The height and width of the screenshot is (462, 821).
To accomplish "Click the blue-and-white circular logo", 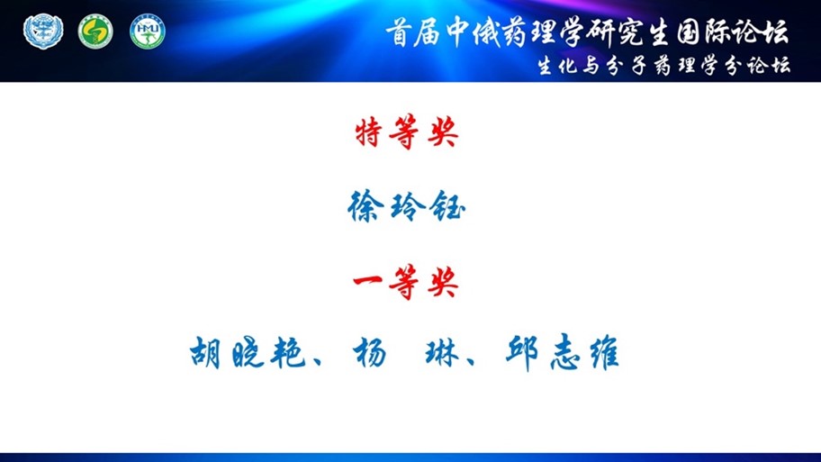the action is [x=43, y=32].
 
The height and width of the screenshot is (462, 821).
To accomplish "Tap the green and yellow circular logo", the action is [x=95, y=32].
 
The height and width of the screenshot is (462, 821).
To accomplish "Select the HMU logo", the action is [x=147, y=32].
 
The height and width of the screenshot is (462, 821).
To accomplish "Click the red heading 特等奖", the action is [x=407, y=133].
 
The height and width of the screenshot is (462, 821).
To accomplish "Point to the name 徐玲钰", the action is [x=406, y=207].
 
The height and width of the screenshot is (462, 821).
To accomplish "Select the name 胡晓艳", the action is [x=248, y=352].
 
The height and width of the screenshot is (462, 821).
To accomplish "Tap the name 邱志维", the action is [x=563, y=352].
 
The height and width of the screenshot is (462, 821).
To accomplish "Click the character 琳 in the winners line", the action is [x=442, y=352].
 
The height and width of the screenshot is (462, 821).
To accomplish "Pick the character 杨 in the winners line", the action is [x=370, y=352].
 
